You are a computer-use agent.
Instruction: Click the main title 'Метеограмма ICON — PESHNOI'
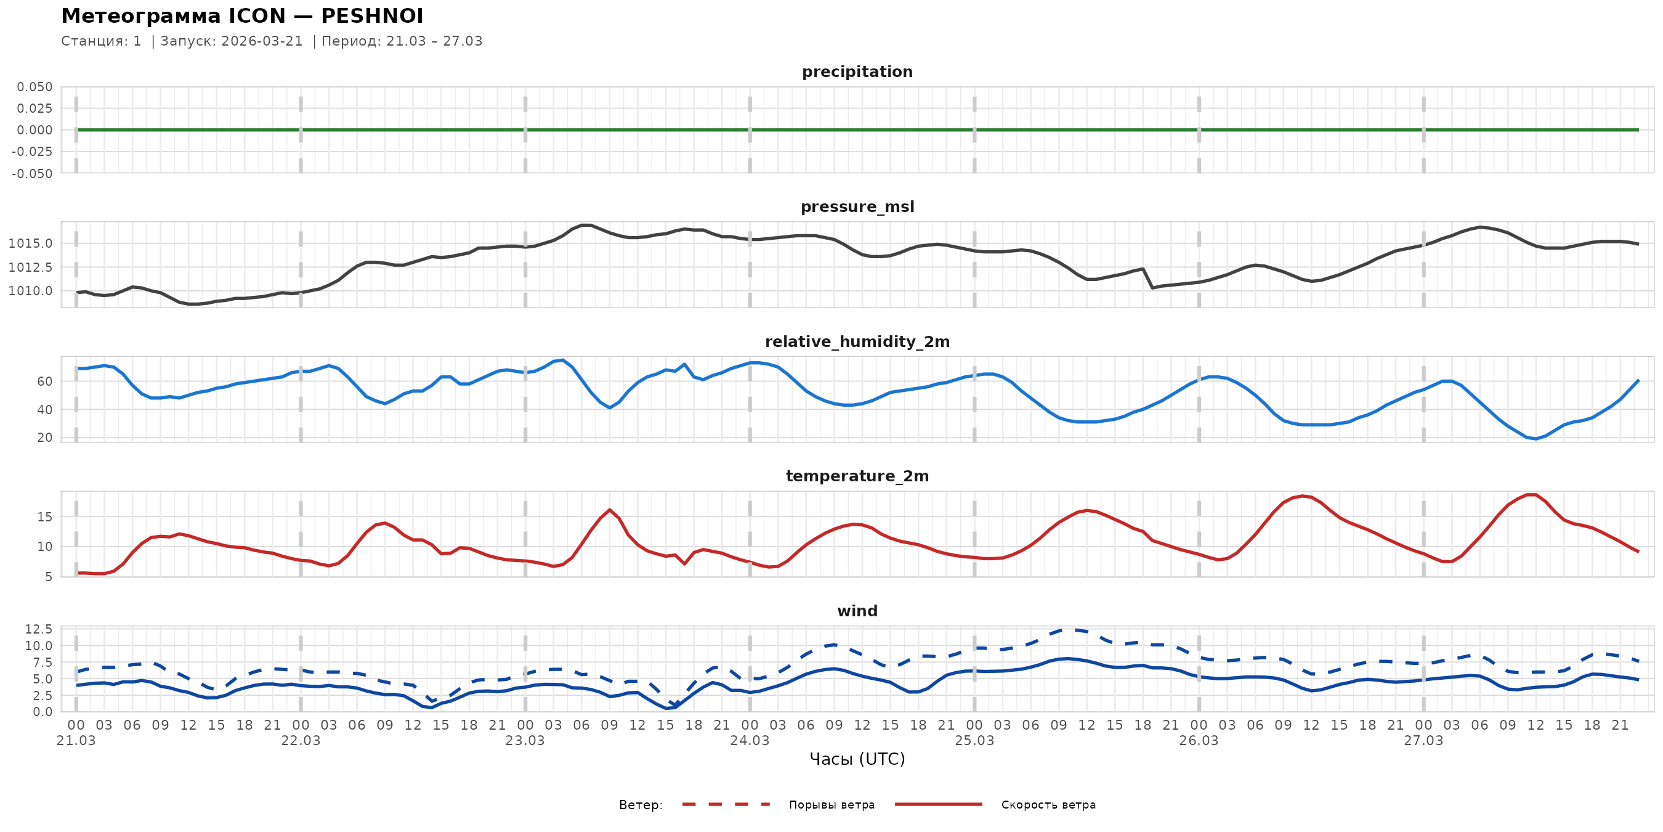[242, 16]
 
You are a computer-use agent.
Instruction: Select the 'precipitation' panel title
[857, 71]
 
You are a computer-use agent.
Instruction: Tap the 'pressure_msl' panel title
[857, 206]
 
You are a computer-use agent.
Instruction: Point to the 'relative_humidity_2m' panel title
[857, 341]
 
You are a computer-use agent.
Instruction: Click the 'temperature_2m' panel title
[857, 476]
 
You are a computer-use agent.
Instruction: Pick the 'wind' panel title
[857, 611]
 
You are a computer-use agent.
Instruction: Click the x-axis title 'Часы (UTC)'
[857, 759]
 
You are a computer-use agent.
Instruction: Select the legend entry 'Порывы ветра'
[831, 805]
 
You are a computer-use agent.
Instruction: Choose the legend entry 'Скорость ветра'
[1048, 805]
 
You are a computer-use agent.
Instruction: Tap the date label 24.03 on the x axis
[750, 741]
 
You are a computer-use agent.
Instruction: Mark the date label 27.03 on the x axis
[1423, 741]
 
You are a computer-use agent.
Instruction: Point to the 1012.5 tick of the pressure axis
[30, 267]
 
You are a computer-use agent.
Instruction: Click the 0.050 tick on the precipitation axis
[35, 87]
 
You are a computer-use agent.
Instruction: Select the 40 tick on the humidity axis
[44, 410]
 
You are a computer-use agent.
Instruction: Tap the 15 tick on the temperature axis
[44, 517]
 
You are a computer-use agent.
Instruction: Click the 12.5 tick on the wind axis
[39, 629]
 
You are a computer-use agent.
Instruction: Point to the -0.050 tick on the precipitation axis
[32, 174]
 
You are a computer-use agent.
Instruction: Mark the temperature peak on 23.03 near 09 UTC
[609, 510]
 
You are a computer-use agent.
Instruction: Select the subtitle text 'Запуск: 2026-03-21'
[232, 41]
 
